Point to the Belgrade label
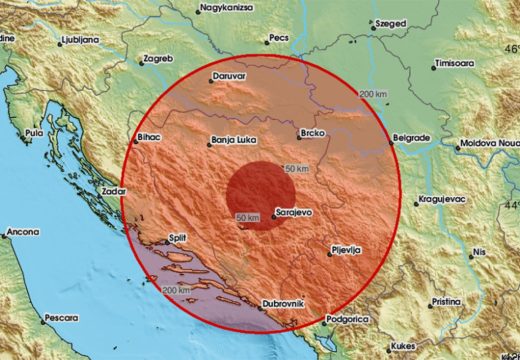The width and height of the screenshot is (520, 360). (410, 137)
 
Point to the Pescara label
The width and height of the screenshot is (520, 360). (59, 319)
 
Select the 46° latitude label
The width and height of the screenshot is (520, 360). (510, 48)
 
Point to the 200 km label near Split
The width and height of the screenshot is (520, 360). (176, 289)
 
